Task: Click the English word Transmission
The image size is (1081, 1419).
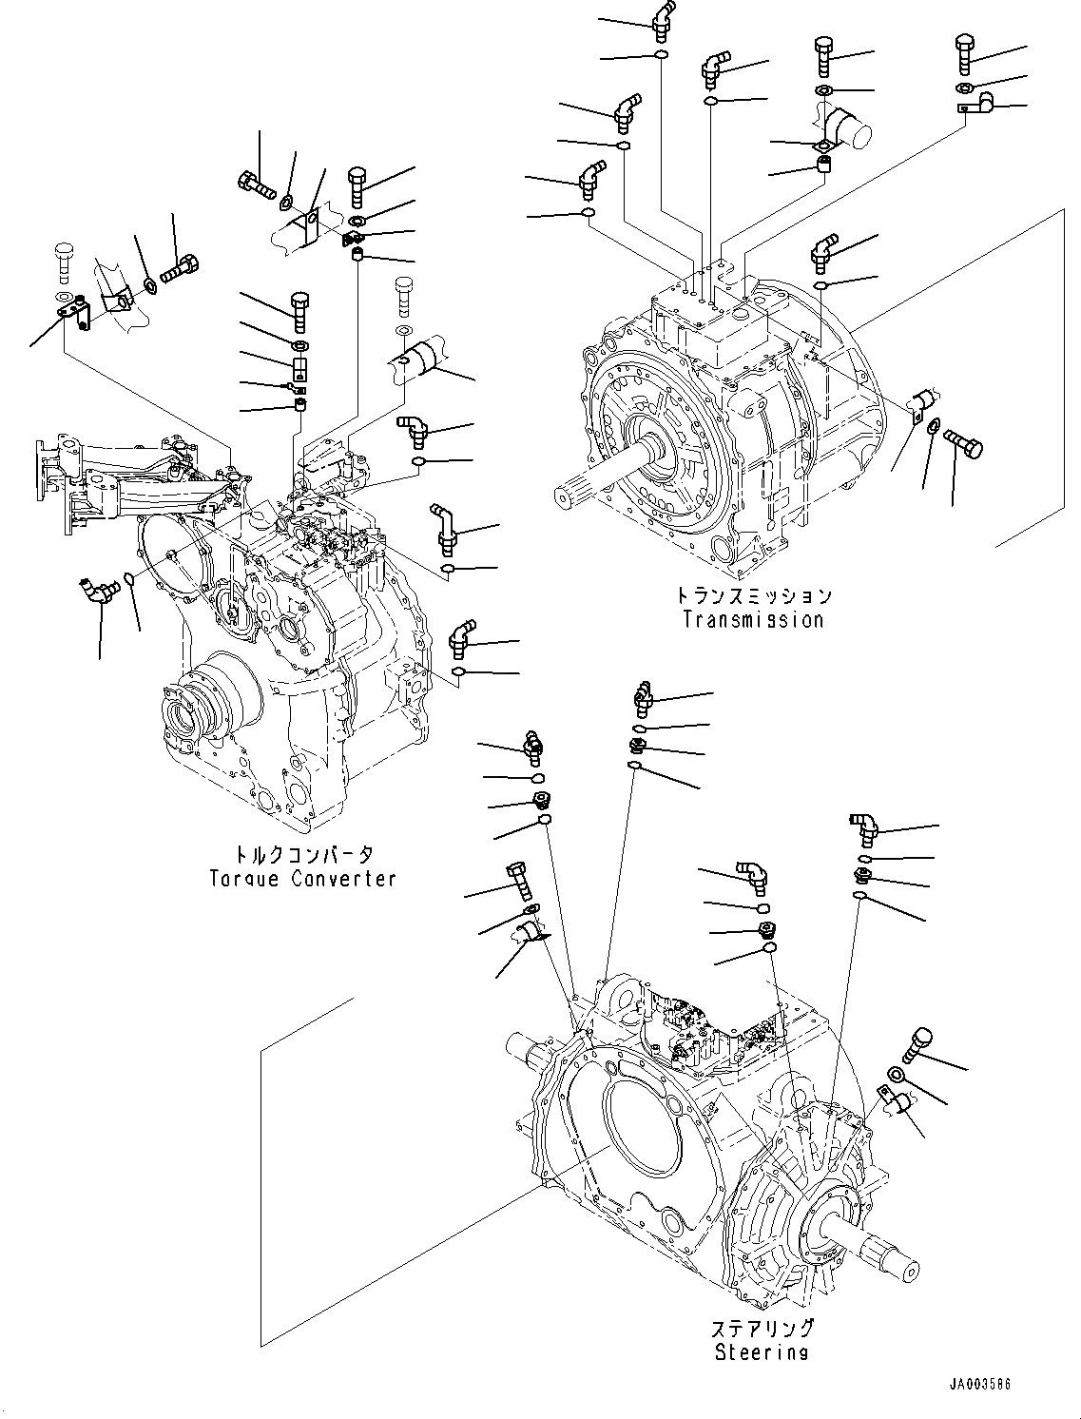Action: click(752, 620)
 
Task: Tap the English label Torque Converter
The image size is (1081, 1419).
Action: click(302, 879)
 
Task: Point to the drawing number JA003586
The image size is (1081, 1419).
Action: click(978, 1385)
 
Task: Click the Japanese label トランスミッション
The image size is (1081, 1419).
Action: click(753, 596)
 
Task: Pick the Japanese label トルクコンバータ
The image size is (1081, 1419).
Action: click(302, 854)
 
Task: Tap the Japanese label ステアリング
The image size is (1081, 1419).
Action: click(762, 1328)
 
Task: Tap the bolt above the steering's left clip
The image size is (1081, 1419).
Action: click(519, 880)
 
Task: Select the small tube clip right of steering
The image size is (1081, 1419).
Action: click(893, 1103)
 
